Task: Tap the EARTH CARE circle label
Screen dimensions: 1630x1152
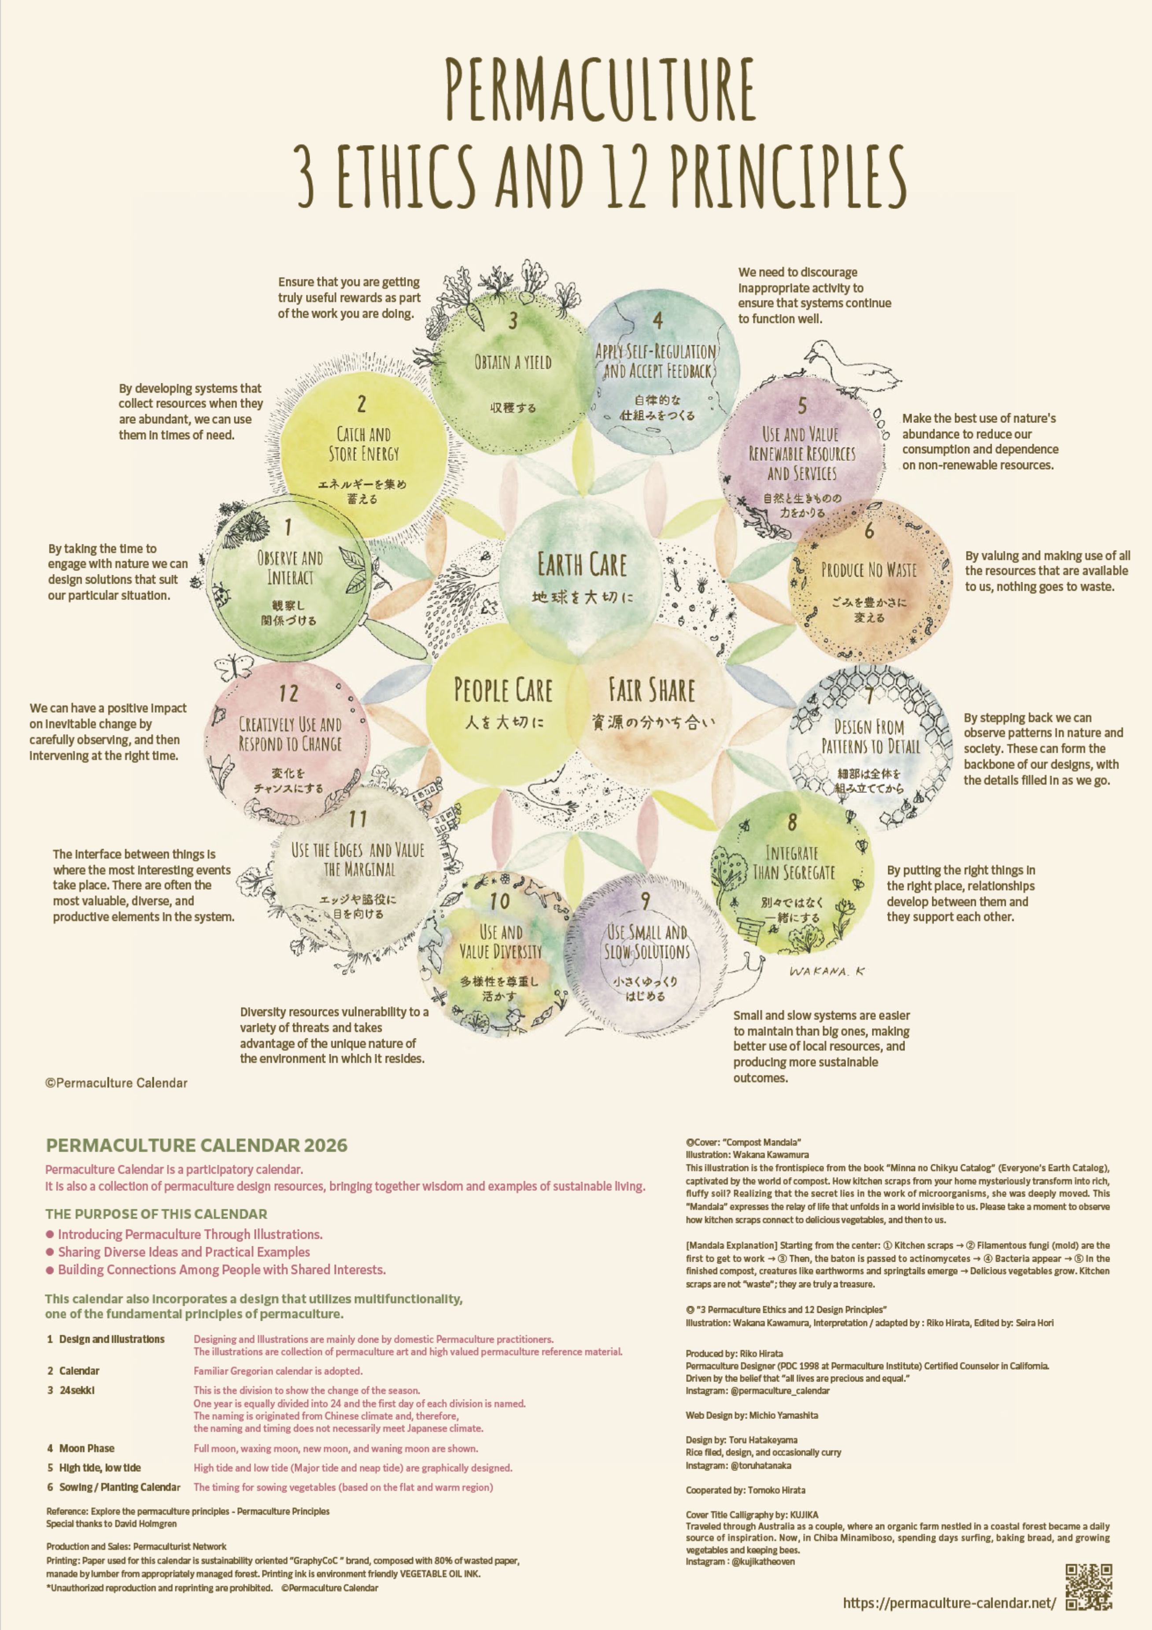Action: [582, 565]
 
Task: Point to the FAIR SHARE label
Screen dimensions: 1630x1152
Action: [652, 690]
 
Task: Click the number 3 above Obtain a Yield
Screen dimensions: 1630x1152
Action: [513, 321]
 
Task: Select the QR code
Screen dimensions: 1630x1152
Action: [1088, 1587]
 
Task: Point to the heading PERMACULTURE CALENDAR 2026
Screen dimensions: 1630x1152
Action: [196, 1145]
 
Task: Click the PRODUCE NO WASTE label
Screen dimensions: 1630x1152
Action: [869, 570]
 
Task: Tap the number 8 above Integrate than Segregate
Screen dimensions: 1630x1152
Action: [792, 823]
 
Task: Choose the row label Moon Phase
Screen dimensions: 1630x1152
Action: [87, 1448]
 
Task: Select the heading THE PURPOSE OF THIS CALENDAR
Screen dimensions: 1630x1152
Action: [156, 1214]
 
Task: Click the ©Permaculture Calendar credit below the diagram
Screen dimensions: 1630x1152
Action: [116, 1083]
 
